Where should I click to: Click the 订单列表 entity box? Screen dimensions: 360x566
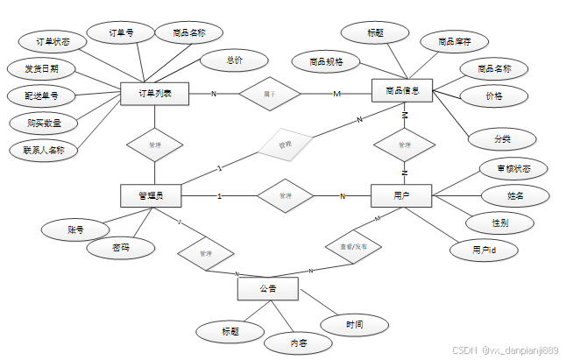pyautogui.click(x=154, y=94)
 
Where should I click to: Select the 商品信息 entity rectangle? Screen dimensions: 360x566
pyautogui.click(x=402, y=91)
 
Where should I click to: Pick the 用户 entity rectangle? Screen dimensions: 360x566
pyautogui.click(x=402, y=196)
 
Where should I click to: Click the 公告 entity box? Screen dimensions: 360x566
pyautogui.click(x=267, y=288)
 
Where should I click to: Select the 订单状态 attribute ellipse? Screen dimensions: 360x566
pyautogui.click(x=47, y=41)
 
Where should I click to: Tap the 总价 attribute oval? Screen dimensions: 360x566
pyautogui.click(x=234, y=60)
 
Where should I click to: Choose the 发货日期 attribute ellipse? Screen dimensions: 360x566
pyautogui.click(x=40, y=68)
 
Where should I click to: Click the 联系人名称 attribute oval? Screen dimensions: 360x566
pyautogui.click(x=44, y=150)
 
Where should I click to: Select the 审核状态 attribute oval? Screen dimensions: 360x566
pyautogui.click(x=513, y=168)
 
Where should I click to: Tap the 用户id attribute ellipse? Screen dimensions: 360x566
pyautogui.click(x=484, y=251)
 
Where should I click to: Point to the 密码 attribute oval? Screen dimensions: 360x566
pyautogui.click(x=121, y=249)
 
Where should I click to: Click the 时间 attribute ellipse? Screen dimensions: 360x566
pyautogui.click(x=355, y=325)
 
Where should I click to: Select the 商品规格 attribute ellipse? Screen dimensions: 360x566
pyautogui.click(x=326, y=61)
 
